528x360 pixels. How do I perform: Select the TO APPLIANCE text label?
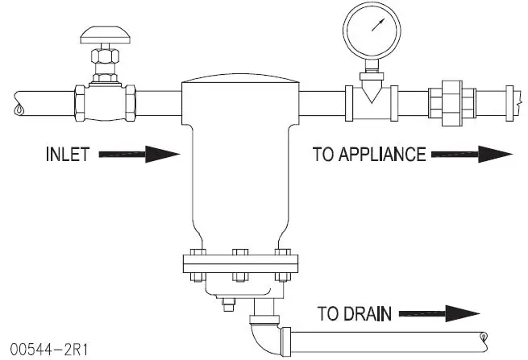coord(368,154)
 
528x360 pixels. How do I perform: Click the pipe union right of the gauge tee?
coord(455,104)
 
